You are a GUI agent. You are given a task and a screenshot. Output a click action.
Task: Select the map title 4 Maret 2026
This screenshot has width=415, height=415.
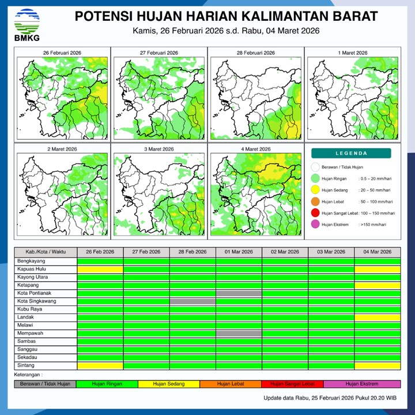point(255,149)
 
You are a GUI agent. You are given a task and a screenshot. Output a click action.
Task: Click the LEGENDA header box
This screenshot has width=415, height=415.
point(351,153)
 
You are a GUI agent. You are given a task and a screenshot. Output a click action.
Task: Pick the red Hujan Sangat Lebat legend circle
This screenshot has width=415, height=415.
point(315,213)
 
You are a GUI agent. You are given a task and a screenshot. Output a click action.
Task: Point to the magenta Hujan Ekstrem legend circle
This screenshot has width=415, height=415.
point(315,225)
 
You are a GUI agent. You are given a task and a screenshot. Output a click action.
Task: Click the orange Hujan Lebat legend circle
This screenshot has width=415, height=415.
point(315,202)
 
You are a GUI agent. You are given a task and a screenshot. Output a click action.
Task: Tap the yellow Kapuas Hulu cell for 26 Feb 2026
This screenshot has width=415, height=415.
point(100,269)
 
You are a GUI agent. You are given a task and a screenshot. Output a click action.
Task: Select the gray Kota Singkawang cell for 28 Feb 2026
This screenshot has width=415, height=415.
point(193,301)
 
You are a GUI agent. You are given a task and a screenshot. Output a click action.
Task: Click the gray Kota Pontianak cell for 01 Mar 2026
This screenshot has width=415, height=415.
point(239,293)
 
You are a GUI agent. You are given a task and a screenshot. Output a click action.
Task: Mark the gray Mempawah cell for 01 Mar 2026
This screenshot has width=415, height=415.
point(239,334)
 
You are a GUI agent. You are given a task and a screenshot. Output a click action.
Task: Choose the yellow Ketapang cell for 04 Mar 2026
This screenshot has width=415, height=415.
point(378,285)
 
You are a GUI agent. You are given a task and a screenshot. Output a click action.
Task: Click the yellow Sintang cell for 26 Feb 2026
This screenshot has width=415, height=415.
point(100,365)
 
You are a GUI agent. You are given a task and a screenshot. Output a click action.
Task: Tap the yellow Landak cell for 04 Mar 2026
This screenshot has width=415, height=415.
point(378,318)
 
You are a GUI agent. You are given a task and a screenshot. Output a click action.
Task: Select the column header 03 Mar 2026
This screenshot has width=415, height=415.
point(331,252)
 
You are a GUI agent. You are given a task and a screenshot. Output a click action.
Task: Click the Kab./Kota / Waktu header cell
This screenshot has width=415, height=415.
point(46,252)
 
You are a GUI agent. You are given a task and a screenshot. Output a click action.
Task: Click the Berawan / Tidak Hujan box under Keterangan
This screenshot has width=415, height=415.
point(45,384)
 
